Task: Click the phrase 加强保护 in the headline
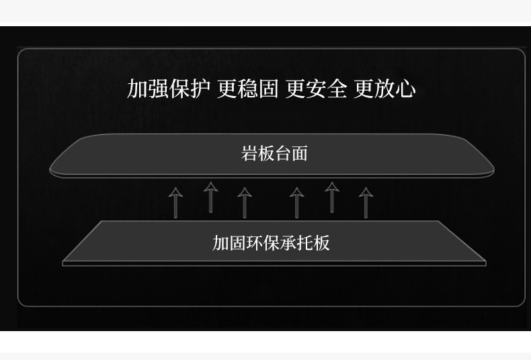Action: [169, 89]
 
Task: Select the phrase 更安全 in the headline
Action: [316, 89]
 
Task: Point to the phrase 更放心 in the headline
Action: [384, 89]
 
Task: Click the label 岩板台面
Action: [274, 153]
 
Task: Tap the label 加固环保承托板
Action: [271, 242]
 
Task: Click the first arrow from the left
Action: [175, 202]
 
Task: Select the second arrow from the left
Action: [211, 196]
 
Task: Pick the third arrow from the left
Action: [245, 202]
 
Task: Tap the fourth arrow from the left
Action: [296, 202]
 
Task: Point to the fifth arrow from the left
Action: [331, 196]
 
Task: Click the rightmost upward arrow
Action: [366, 202]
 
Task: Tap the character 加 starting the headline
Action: [137, 89]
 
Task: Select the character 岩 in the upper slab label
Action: [249, 153]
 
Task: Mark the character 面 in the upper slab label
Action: [300, 153]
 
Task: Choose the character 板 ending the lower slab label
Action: [322, 242]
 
